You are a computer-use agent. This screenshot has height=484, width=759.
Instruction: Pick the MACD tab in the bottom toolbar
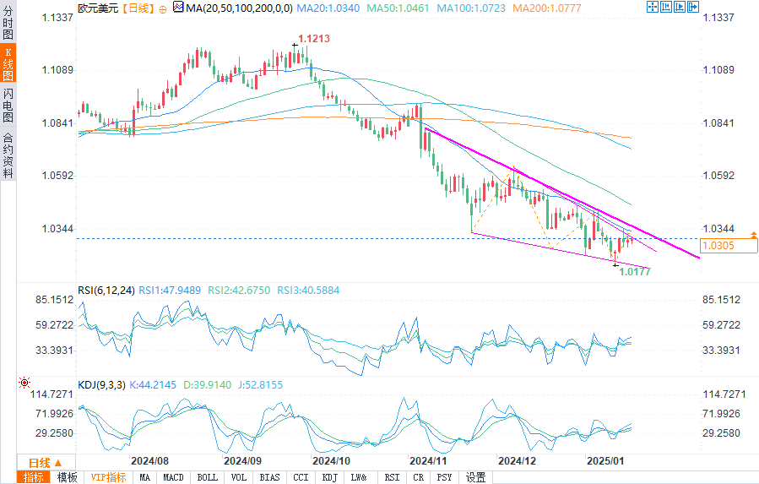(173, 477)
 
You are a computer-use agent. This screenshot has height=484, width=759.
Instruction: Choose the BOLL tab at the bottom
(207, 477)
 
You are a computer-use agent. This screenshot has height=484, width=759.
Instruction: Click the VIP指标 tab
(109, 477)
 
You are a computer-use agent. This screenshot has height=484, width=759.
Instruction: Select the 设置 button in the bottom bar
(475, 477)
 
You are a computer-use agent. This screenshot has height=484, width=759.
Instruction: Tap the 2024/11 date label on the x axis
(427, 461)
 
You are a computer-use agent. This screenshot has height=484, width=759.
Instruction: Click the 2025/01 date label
(604, 461)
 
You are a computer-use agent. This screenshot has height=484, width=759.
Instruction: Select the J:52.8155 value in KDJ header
(259, 384)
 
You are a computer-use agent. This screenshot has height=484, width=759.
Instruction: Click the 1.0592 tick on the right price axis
(719, 176)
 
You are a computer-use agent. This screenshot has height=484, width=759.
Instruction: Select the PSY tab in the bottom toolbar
(444, 477)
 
